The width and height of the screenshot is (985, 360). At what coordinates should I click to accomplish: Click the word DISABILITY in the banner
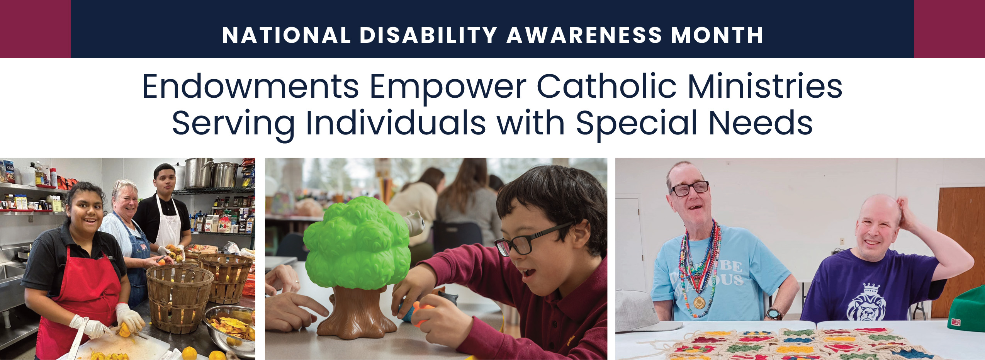tap(428, 35)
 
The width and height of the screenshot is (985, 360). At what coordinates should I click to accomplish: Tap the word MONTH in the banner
tap(717, 35)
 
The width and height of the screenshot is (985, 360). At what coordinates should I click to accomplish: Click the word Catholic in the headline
tap(606, 87)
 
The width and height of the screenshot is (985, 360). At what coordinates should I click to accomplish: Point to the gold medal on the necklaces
tap(698, 302)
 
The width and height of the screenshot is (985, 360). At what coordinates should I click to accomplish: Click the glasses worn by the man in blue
tap(689, 188)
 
